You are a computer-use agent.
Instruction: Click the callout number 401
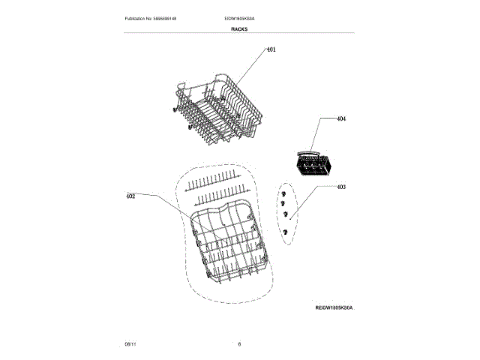coord(271,49)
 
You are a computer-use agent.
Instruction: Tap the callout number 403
coord(341,187)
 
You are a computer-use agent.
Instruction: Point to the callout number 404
coord(341,119)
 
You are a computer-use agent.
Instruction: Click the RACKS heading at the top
coord(239,28)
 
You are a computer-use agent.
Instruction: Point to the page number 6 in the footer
coord(239,343)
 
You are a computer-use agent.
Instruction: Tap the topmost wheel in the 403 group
coord(282,192)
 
